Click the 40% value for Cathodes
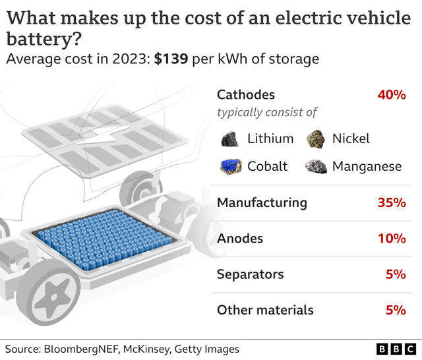click(x=391, y=95)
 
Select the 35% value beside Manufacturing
click(x=391, y=202)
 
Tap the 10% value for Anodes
click(x=391, y=238)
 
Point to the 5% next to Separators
click(x=396, y=274)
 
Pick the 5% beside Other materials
click(x=396, y=309)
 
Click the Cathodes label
click(x=246, y=95)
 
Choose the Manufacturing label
click(x=262, y=202)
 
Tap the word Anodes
click(x=240, y=238)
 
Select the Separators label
click(x=251, y=274)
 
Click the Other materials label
click(x=265, y=309)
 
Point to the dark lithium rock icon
click(x=229, y=138)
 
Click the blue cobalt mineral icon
click(x=230, y=166)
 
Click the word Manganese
click(x=367, y=166)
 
